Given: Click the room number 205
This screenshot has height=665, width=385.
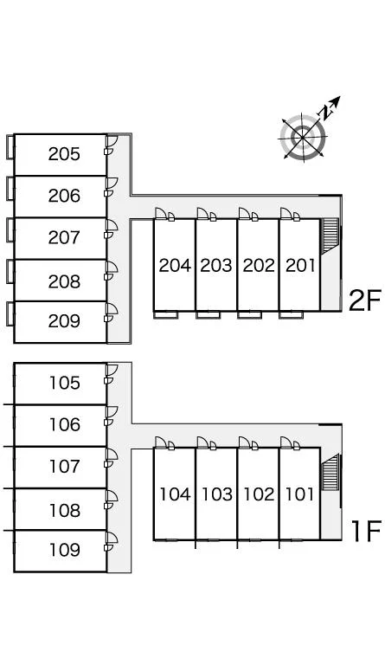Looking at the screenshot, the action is coord(64,154).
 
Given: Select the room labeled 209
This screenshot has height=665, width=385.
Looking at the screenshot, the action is coord(64,321).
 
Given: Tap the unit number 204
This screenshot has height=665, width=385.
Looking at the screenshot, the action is coord(175,266).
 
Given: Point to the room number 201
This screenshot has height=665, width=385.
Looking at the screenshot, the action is coord(300,266).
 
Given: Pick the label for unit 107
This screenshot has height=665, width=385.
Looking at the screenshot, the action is coord(64,467).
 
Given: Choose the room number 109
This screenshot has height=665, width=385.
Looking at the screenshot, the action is coord(64,550).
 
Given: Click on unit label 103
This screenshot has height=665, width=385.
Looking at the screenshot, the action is coord(216,494).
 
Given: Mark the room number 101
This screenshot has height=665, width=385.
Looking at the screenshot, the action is coord(299,494).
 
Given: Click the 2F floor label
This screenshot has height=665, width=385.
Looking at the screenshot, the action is coord(365,300).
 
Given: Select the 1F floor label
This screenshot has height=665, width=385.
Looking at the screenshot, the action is coord(367,531).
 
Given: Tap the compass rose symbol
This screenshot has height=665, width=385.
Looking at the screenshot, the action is coord(303,137).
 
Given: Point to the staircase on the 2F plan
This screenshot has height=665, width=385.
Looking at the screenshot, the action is coord(330,236).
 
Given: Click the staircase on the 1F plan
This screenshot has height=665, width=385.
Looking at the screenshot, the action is coord(330,472).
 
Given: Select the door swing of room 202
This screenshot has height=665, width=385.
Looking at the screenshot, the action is coord(245,213).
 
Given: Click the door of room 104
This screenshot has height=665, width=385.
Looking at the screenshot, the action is coord(161,442).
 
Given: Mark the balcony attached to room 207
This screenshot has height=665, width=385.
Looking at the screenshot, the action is coord(10,229).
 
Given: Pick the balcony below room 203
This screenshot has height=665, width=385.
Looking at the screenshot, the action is coord(208,314).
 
